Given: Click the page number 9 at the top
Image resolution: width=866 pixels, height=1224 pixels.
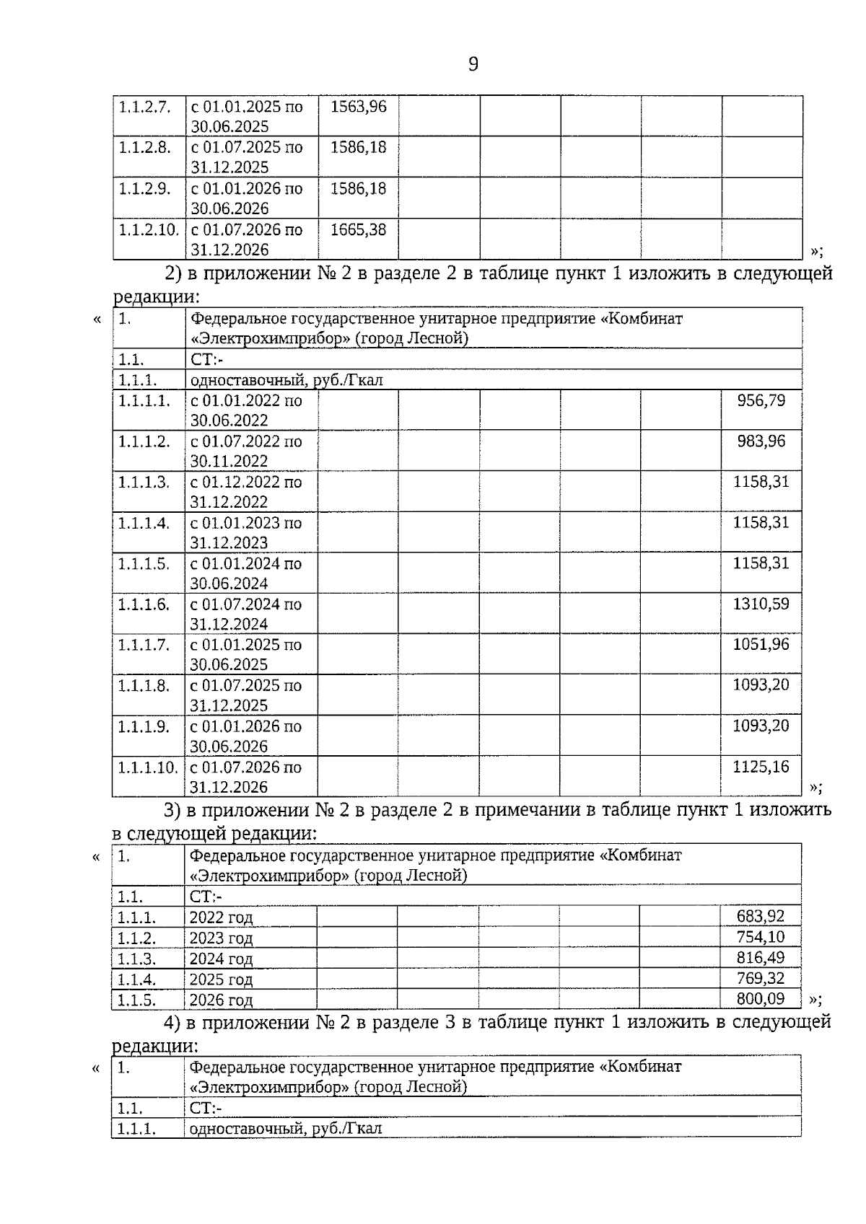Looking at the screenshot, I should pos(473,65).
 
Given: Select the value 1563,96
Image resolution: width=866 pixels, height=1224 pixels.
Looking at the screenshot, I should pos(358,107).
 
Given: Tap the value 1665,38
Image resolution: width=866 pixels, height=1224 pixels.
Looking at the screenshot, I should pos(358,230).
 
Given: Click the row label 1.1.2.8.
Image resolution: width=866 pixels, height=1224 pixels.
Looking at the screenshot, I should pos(145,148).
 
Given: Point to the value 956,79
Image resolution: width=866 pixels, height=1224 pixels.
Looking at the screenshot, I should pos(761,400).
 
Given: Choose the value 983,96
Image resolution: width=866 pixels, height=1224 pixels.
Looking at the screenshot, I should pos(761,441).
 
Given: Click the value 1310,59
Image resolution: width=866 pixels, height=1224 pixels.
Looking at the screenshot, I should pos(761,604).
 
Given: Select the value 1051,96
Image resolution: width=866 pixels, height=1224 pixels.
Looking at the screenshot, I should pos(761,644).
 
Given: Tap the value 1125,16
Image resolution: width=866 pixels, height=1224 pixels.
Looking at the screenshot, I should pos(761,767).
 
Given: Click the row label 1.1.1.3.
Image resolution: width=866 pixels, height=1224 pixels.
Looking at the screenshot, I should pos(144,482).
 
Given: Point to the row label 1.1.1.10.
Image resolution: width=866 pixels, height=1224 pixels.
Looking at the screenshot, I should pos(148,767).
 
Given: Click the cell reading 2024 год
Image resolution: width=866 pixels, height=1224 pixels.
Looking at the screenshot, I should pos(221,959).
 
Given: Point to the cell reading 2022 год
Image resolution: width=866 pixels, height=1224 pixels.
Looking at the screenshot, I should pos(221,918).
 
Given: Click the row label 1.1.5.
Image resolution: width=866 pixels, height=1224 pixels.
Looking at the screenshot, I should pos(136,1000).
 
